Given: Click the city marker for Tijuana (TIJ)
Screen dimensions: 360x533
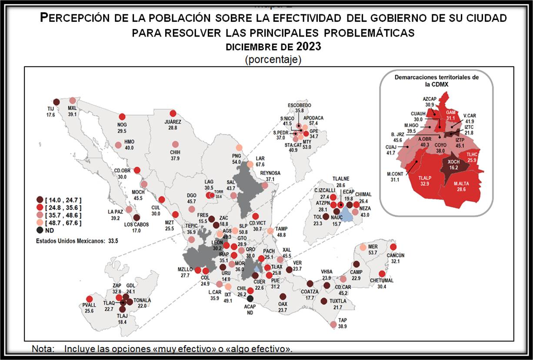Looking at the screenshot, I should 56,102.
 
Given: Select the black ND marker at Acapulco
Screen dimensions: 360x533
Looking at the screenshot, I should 250,298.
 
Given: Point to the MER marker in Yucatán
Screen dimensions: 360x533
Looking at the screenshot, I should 363,247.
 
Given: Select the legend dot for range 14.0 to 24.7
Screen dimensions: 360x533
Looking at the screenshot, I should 40,200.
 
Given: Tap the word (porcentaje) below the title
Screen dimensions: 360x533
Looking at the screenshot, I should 273,59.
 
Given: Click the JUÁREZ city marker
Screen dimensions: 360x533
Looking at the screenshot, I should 173,113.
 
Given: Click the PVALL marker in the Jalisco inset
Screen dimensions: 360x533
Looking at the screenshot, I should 90,299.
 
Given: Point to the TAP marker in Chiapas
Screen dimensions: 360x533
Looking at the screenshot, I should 333,324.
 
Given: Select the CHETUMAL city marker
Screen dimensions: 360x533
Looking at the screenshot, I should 382,274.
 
